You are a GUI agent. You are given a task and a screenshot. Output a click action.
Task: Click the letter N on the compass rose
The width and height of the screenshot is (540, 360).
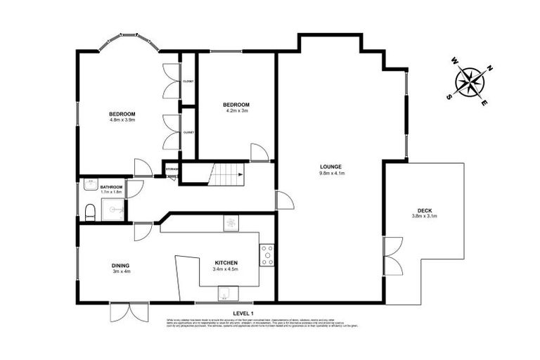(x=490, y=68)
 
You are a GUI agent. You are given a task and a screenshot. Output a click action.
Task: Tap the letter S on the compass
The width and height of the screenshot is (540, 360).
(x=449, y=97)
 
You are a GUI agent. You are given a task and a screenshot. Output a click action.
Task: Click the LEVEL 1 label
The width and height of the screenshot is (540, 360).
(x=243, y=313)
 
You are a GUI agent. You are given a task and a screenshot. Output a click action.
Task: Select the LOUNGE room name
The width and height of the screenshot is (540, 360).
(x=330, y=167)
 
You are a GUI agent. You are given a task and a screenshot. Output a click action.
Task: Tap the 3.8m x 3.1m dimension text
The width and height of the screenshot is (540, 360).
(x=424, y=216)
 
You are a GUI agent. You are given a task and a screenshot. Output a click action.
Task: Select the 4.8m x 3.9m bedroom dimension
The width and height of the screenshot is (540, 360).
(x=122, y=120)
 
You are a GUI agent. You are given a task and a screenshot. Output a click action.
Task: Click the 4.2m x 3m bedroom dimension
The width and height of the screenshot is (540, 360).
(x=237, y=111)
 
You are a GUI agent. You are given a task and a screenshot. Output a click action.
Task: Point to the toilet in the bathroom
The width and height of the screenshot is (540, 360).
(x=89, y=212)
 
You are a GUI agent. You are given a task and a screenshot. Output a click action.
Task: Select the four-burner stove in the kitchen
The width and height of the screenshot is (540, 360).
(x=267, y=255)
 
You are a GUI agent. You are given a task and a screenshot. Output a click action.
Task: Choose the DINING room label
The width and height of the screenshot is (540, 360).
(x=120, y=265)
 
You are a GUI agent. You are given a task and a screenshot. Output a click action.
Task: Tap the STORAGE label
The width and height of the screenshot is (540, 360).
(x=172, y=169)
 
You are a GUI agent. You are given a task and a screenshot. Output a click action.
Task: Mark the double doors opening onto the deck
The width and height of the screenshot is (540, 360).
(x=392, y=256)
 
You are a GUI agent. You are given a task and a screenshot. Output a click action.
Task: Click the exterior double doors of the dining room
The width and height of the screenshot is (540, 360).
(x=129, y=312)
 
